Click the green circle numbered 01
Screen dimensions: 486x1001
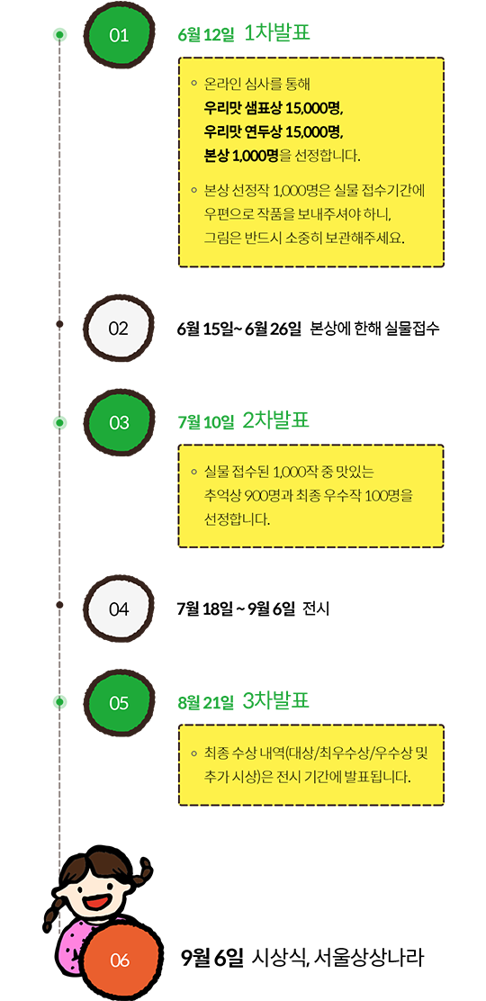coord(120,35)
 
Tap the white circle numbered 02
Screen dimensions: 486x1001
coord(120,329)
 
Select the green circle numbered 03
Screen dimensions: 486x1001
coord(120,422)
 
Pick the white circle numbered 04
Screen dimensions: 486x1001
coord(120,609)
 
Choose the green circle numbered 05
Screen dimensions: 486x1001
coord(120,703)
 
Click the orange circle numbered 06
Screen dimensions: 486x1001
coord(120,960)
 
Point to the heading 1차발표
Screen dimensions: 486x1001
coord(276,32)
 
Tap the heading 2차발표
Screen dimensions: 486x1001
coord(276,420)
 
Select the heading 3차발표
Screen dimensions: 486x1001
coord(276,701)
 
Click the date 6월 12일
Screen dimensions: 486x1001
coord(206,35)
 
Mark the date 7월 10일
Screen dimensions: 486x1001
coord(206,422)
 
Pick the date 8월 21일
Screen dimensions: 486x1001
coord(206,704)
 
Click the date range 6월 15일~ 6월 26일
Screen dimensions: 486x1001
coord(239,329)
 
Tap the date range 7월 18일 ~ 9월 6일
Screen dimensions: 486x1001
coord(236,609)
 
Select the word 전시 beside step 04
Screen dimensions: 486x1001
coord(316,609)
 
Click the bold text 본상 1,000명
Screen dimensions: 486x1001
coord(241,155)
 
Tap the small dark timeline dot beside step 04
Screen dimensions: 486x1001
coord(59,604)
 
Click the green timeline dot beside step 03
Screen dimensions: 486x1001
coord(59,422)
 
